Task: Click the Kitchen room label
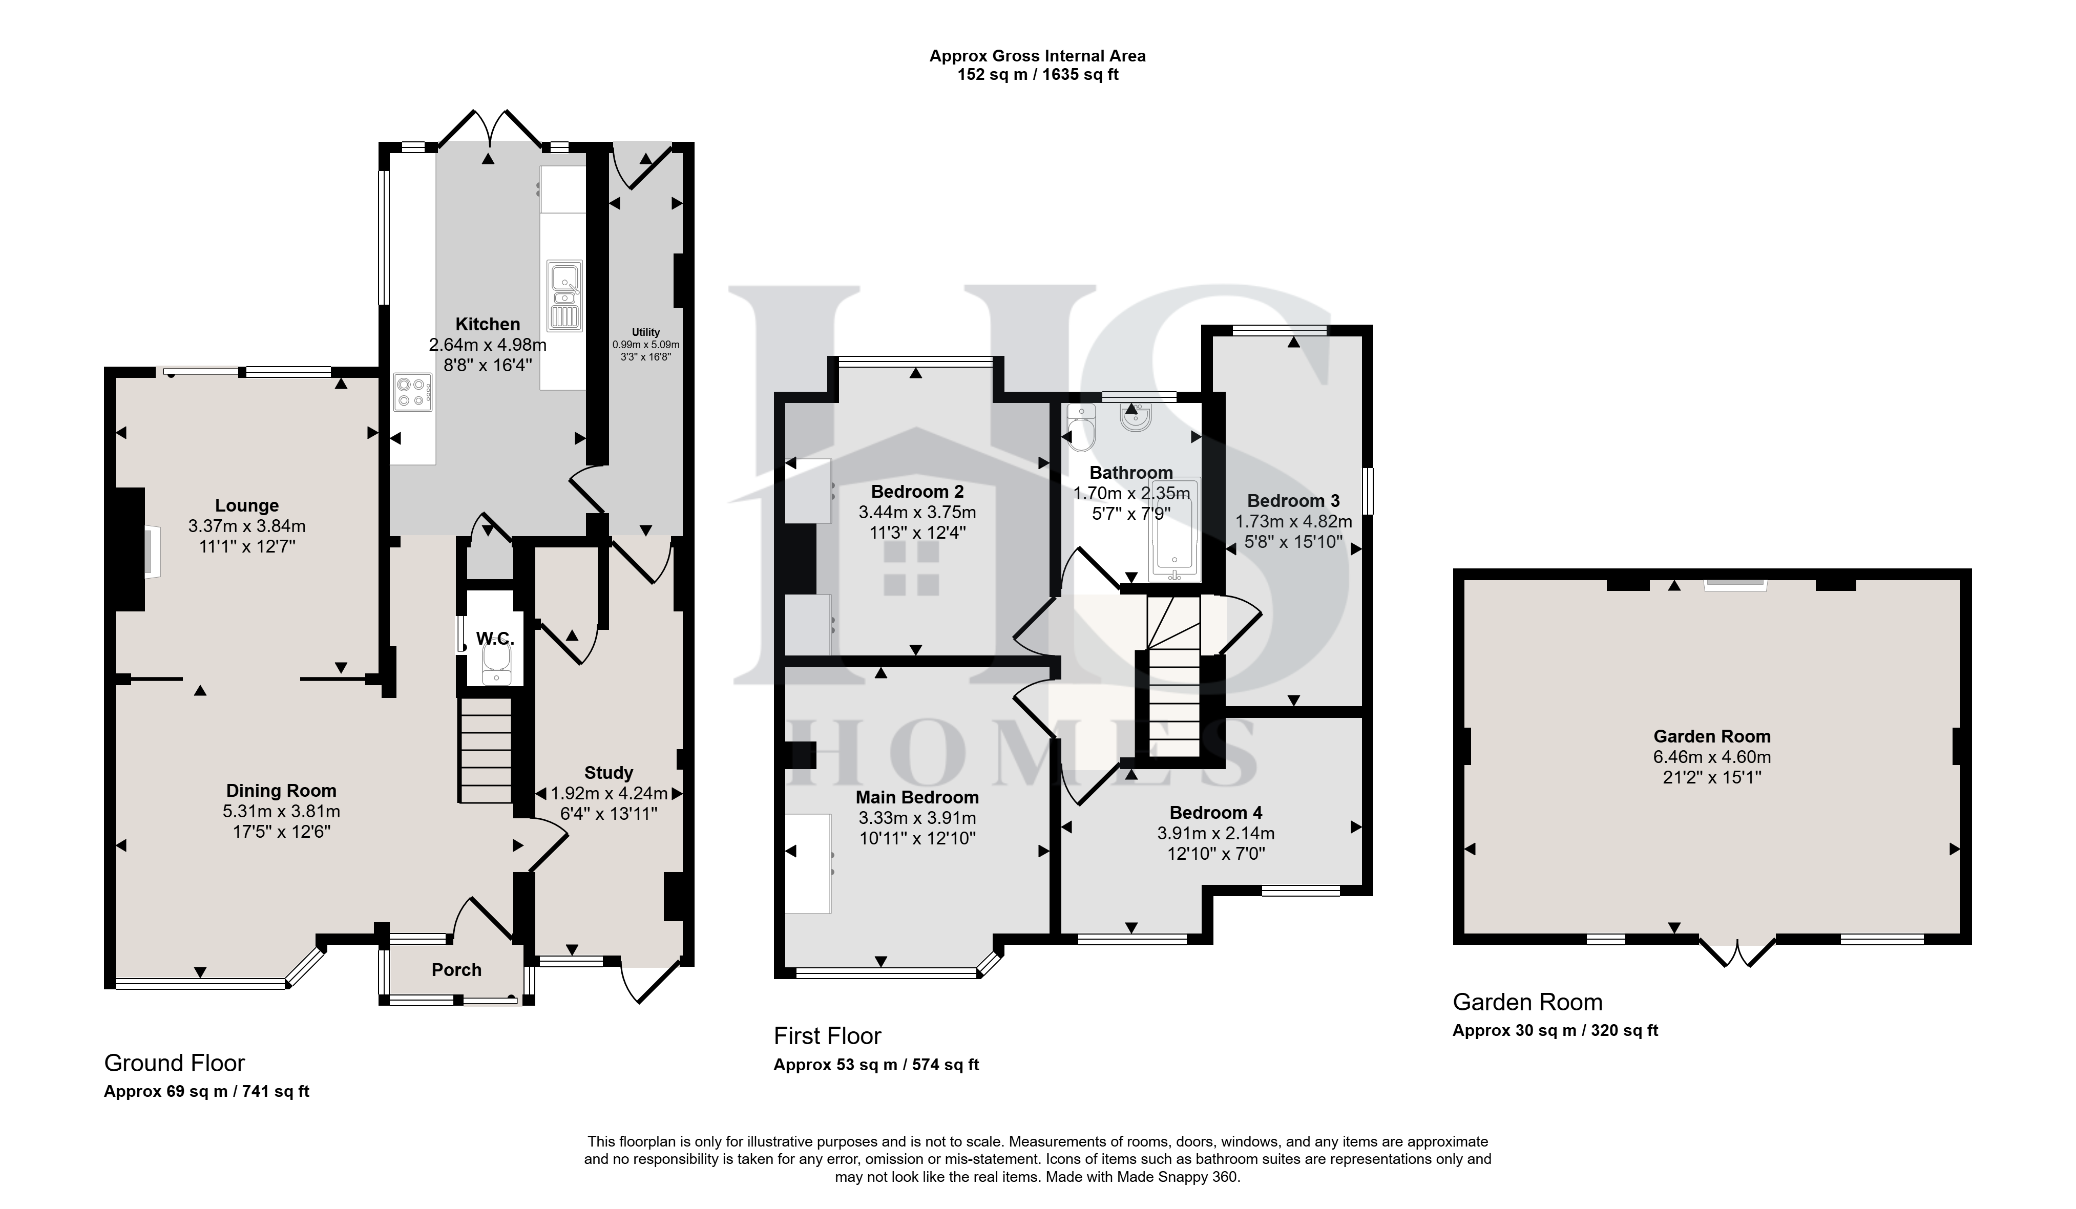click(x=488, y=325)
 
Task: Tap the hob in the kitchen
click(x=413, y=392)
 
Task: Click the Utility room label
click(x=646, y=332)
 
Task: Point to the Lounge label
click(x=247, y=506)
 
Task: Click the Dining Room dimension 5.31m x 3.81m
click(x=281, y=811)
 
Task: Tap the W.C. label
click(x=495, y=638)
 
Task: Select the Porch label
click(x=456, y=970)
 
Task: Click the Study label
click(x=609, y=773)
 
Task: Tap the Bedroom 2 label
click(x=917, y=492)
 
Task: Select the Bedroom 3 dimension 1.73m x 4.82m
click(x=1293, y=521)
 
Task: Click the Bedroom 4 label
click(x=1216, y=813)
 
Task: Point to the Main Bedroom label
click(x=917, y=797)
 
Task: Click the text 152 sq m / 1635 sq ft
click(x=1038, y=75)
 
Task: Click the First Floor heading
click(x=827, y=1036)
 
